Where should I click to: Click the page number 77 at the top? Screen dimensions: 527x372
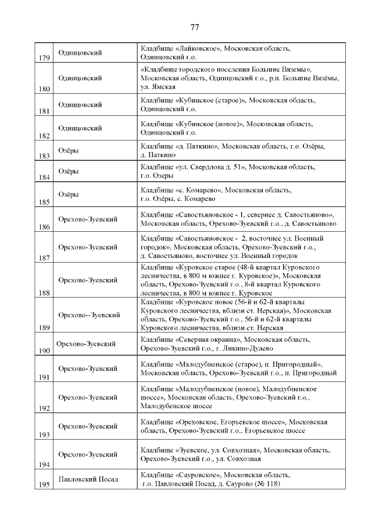(x=195, y=27)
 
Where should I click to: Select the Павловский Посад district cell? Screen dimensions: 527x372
(x=88, y=479)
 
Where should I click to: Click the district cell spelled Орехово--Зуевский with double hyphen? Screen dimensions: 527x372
(x=89, y=315)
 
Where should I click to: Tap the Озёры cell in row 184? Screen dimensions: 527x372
(x=69, y=172)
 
